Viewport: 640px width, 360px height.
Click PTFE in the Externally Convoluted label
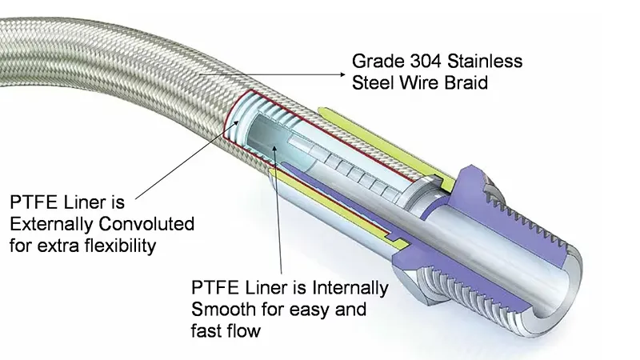point(30,202)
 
